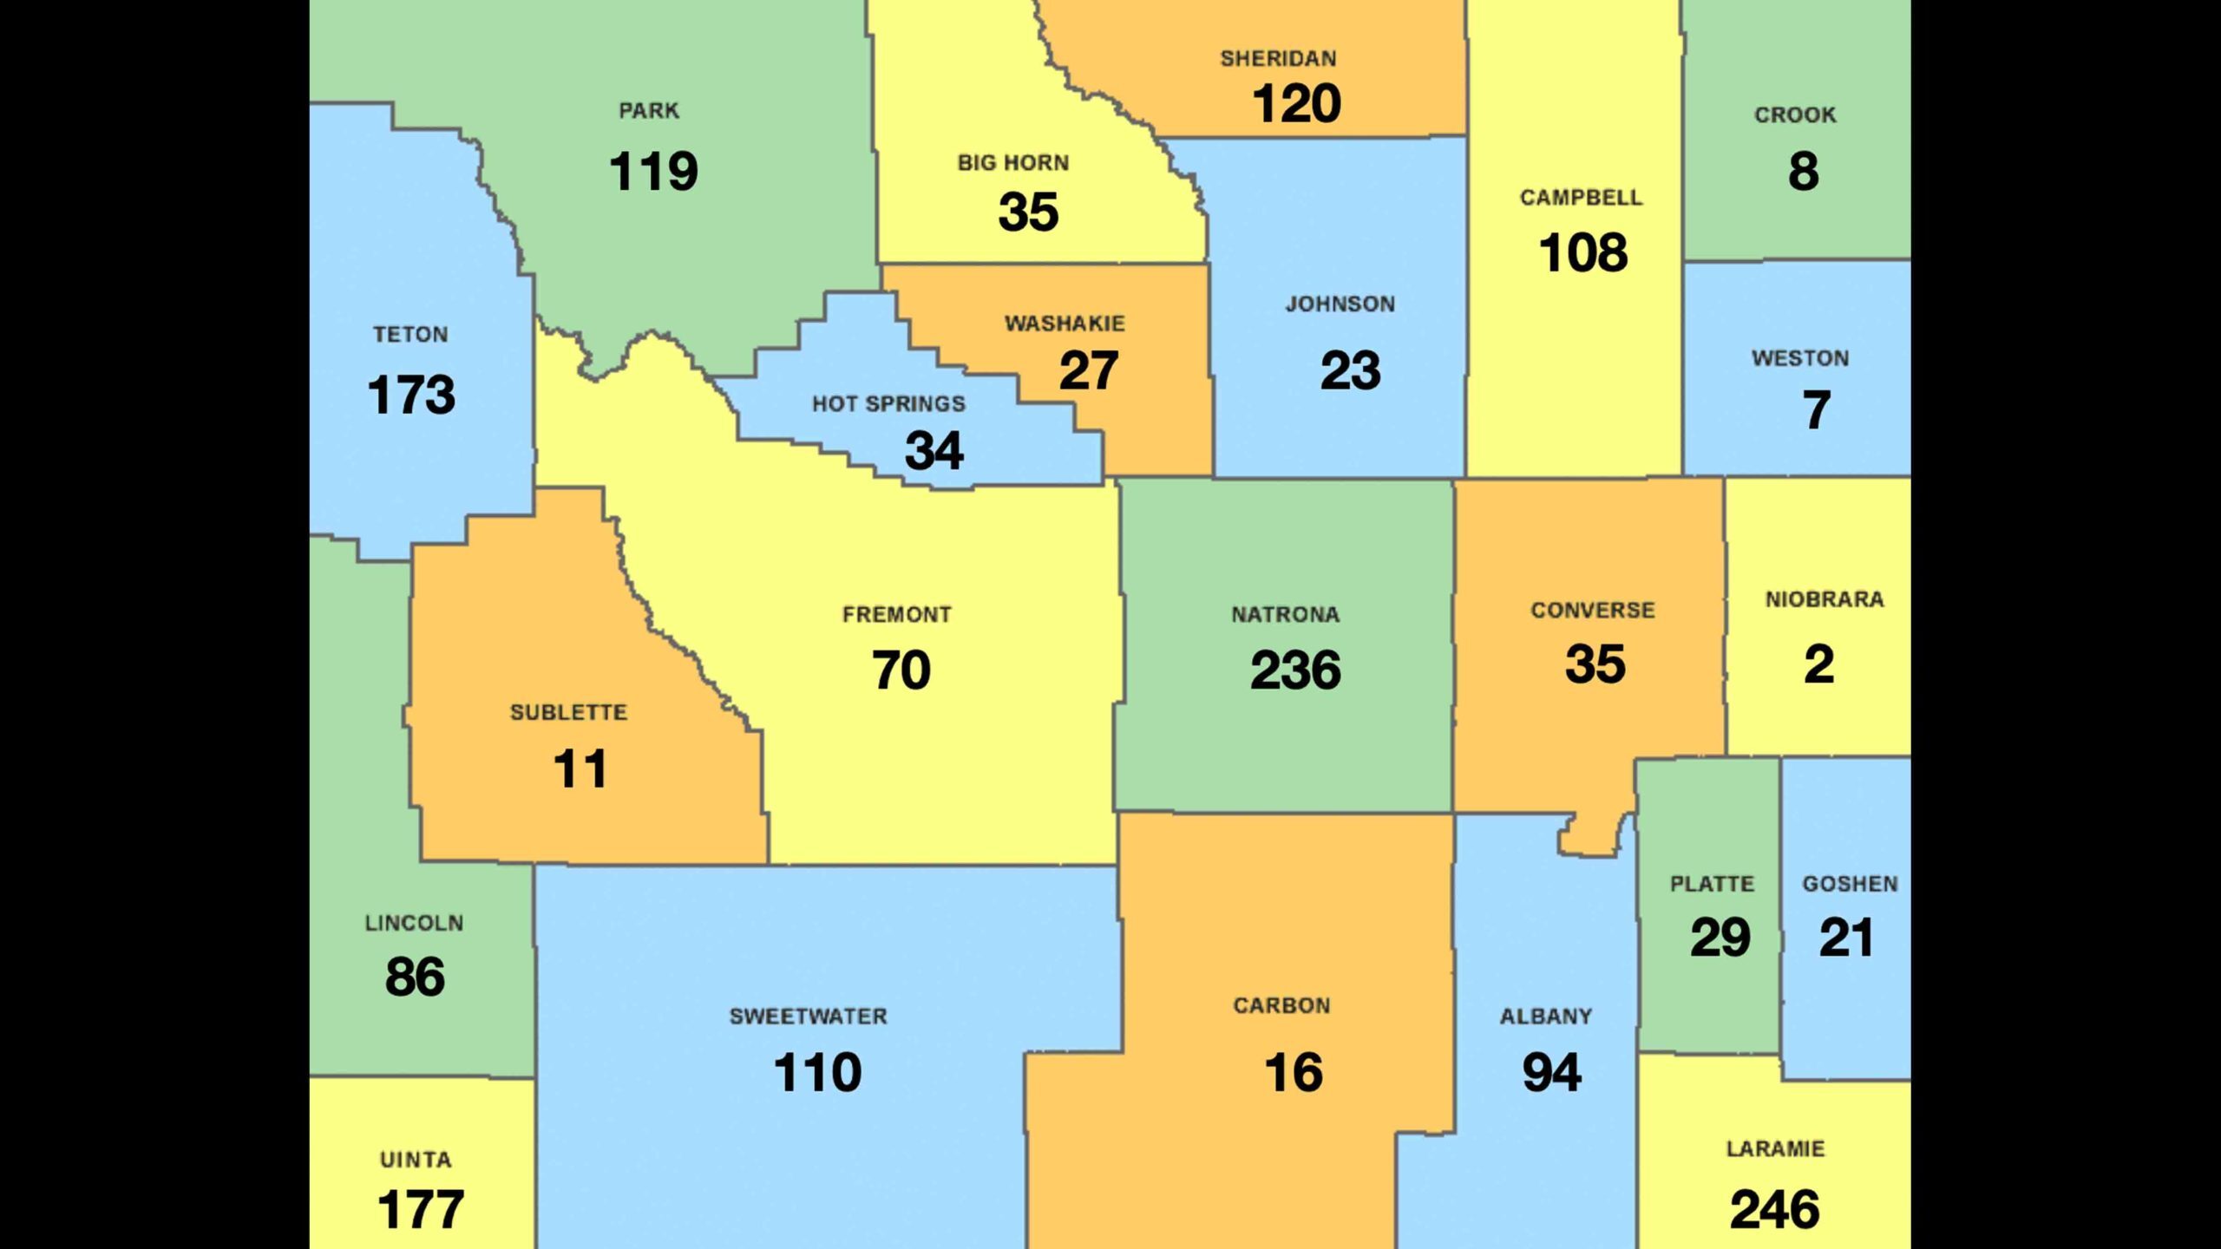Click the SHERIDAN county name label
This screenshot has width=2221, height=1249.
pyautogui.click(x=1278, y=59)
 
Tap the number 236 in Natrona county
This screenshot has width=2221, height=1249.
pyautogui.click(x=1295, y=670)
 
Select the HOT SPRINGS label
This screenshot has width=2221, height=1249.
pyautogui.click(x=888, y=404)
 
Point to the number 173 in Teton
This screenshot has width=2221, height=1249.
pyautogui.click(x=411, y=395)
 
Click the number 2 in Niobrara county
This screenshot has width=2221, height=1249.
pyautogui.click(x=1818, y=665)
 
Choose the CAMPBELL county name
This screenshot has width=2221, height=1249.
pyautogui.click(x=1581, y=198)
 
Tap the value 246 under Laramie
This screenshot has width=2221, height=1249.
pyautogui.click(x=1774, y=1210)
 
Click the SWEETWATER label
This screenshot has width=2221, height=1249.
pyautogui.click(x=808, y=1017)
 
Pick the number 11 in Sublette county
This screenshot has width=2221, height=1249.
pyautogui.click(x=580, y=769)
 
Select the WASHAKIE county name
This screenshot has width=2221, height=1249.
pyautogui.click(x=1065, y=324)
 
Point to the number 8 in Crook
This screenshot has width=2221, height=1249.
pyautogui.click(x=1803, y=171)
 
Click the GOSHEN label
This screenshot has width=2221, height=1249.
pyautogui.click(x=1850, y=884)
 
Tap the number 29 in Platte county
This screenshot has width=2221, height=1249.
pyautogui.click(x=1720, y=938)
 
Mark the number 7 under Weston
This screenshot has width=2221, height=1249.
pyautogui.click(x=1817, y=409)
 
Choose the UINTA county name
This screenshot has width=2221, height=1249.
pyautogui.click(x=416, y=1160)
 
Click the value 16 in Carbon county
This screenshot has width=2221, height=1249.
pyautogui.click(x=1294, y=1073)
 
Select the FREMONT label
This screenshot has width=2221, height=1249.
pyautogui.click(x=896, y=615)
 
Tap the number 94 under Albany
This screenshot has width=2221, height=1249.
pyautogui.click(x=1551, y=1073)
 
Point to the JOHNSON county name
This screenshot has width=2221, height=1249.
pyautogui.click(x=1340, y=304)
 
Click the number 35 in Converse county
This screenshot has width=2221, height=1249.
pyautogui.click(x=1595, y=665)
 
